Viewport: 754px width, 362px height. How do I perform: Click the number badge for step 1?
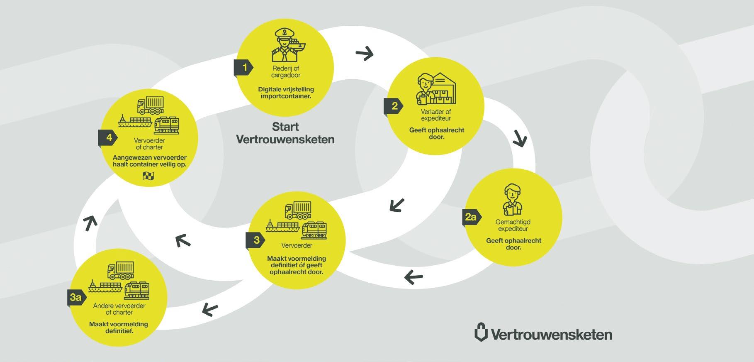click(x=244, y=68)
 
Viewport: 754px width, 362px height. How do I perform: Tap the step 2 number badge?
click(x=394, y=106)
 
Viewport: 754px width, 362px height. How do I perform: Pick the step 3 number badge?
click(x=255, y=240)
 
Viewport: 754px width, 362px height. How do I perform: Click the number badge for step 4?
click(x=108, y=138)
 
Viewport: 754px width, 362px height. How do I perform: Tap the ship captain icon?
click(x=285, y=46)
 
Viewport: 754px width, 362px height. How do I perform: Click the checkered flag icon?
click(x=148, y=176)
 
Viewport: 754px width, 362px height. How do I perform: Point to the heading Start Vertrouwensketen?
click(x=285, y=133)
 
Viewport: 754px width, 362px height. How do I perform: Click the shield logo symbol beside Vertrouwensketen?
click(x=481, y=332)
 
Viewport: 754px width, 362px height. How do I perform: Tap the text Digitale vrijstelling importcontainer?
click(x=286, y=93)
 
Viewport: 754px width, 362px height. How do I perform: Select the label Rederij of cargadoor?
click(x=286, y=72)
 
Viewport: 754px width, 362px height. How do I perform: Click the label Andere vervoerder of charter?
click(x=119, y=309)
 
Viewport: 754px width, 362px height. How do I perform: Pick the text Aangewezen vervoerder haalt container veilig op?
click(x=149, y=161)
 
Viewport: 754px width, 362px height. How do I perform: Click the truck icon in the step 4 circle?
click(x=150, y=105)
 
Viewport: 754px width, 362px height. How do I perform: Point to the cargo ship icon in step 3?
click(x=282, y=226)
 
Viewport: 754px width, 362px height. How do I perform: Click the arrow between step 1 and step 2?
click(x=365, y=54)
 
